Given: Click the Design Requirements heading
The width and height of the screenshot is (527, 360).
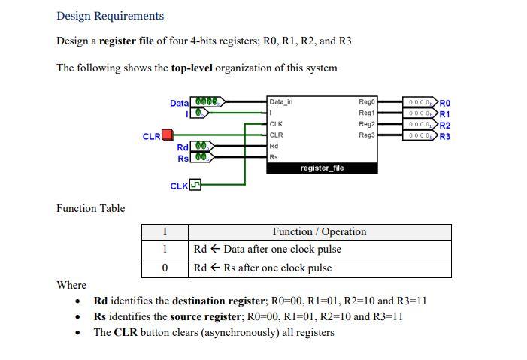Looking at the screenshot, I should click(110, 16).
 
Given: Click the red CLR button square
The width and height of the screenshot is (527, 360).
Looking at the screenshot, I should click(168, 135).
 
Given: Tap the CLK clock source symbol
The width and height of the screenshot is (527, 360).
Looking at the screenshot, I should click(195, 184).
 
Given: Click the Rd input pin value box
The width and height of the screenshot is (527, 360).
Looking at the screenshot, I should click(201, 146).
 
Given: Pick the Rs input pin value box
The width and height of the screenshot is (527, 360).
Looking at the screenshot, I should click(201, 157).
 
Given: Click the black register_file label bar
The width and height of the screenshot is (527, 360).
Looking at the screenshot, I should click(322, 168).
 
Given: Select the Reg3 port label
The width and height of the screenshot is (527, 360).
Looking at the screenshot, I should click(366, 135).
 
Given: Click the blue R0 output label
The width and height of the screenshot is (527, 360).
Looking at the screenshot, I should click(445, 103).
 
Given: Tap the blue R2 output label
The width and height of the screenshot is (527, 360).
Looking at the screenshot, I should click(445, 125).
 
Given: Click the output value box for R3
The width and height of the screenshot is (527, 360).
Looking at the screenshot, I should click(419, 136).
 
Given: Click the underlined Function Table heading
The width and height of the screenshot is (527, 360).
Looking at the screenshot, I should click(90, 208).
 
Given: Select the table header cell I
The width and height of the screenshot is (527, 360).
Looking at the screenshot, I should click(165, 231).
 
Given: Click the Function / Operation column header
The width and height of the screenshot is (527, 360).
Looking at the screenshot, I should click(319, 231).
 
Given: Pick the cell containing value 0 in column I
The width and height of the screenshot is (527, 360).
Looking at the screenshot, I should click(165, 268).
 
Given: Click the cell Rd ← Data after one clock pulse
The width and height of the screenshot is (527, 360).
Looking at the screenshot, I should click(267, 249).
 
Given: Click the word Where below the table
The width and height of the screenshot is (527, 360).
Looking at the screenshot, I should click(71, 285).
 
